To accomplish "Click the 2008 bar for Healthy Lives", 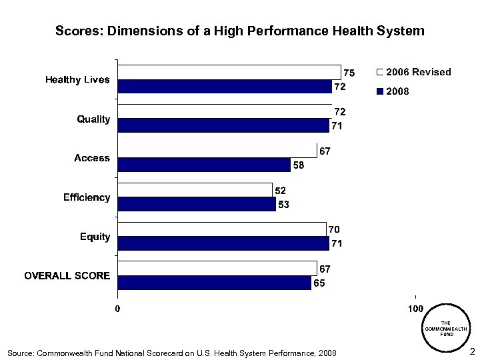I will click(x=225, y=87).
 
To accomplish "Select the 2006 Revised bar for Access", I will click(x=217, y=151).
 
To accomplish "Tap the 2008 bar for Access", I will click(x=204, y=165).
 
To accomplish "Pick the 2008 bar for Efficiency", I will click(x=197, y=204).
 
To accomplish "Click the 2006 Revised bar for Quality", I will click(x=225, y=112).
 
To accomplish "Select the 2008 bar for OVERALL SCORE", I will click(x=214, y=283).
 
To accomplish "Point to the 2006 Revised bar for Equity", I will click(x=222, y=229).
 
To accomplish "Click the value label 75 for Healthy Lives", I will click(x=349, y=72).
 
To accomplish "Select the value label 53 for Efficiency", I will click(x=283, y=205).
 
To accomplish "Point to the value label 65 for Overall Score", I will click(x=320, y=283).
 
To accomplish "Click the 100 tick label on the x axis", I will click(x=415, y=309).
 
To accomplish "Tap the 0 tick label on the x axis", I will click(x=117, y=309).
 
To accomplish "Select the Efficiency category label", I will click(x=87, y=198).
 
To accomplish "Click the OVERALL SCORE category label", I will click(x=67, y=276).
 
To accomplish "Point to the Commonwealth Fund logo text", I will click(x=446, y=329).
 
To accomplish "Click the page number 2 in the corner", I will click(x=471, y=351).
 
